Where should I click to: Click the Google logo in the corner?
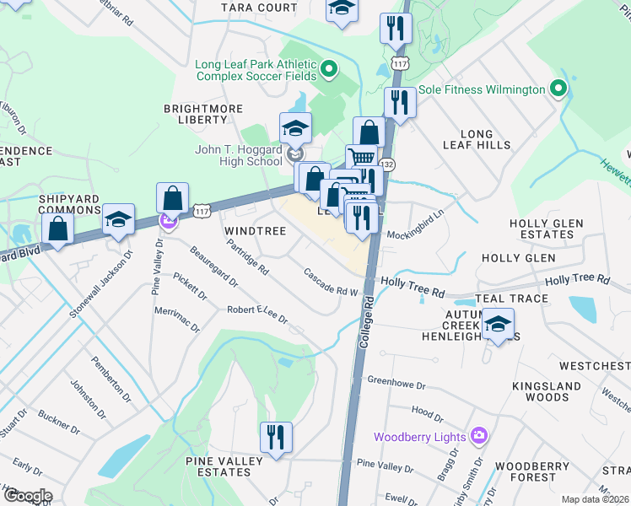(27, 496)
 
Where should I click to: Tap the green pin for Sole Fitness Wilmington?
(557, 89)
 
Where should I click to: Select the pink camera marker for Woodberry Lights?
(479, 436)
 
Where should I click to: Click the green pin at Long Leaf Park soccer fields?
(329, 68)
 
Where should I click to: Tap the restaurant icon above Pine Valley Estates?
(276, 438)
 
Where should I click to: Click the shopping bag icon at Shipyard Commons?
(58, 229)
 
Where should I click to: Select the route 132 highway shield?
(386, 164)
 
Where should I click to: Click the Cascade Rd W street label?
(332, 283)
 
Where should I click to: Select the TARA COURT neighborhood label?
(249, 8)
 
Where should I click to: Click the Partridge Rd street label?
(248, 258)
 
